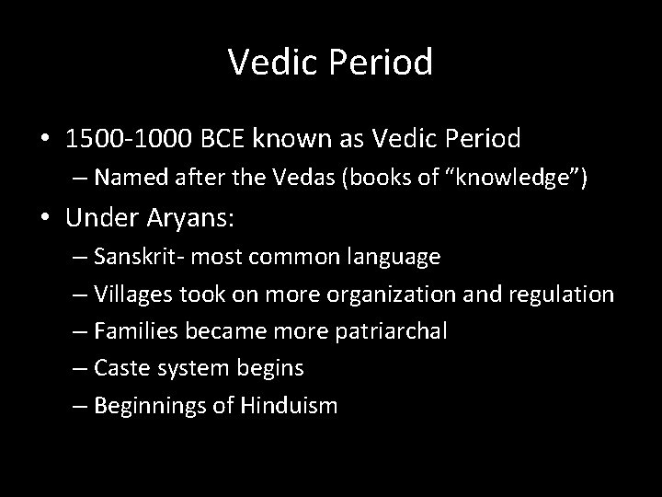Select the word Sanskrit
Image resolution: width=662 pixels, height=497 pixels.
pyautogui.click(x=143, y=258)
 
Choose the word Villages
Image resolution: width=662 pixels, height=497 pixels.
pyautogui.click(x=139, y=295)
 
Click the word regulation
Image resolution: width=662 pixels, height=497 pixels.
pyautogui.click(x=564, y=295)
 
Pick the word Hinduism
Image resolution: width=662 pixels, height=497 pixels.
pyautogui.click(x=290, y=405)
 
